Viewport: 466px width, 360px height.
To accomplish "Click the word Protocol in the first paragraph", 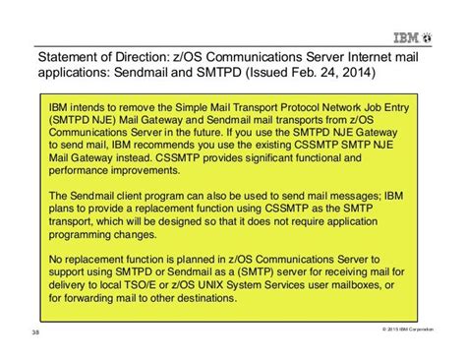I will [x=278, y=104].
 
